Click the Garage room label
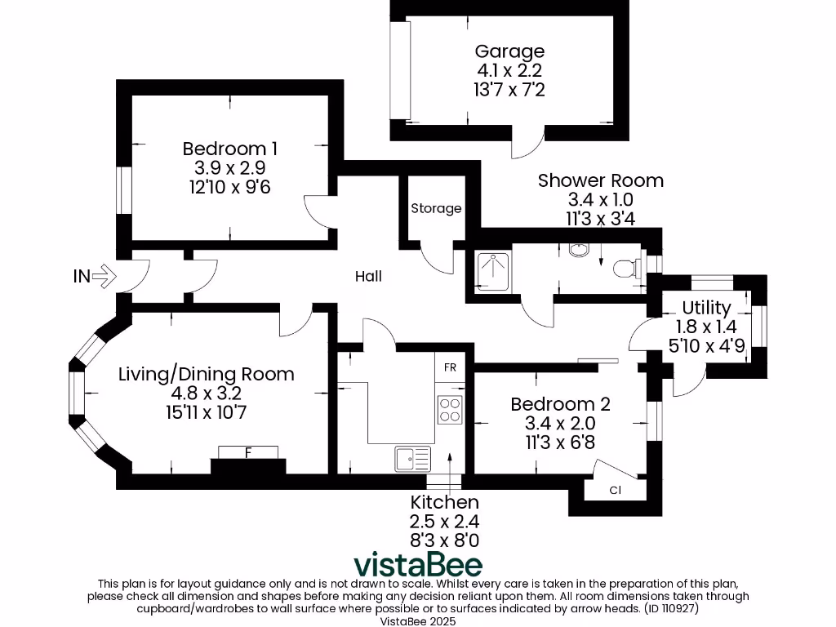(509, 52)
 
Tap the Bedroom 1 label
(229, 149)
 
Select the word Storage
(436, 208)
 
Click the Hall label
(368, 277)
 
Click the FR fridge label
(450, 367)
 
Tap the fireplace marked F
(248, 453)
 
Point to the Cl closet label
(616, 491)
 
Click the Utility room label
(706, 308)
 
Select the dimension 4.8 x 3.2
(206, 394)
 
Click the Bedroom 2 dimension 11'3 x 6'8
(560, 442)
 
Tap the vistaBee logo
(417, 564)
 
